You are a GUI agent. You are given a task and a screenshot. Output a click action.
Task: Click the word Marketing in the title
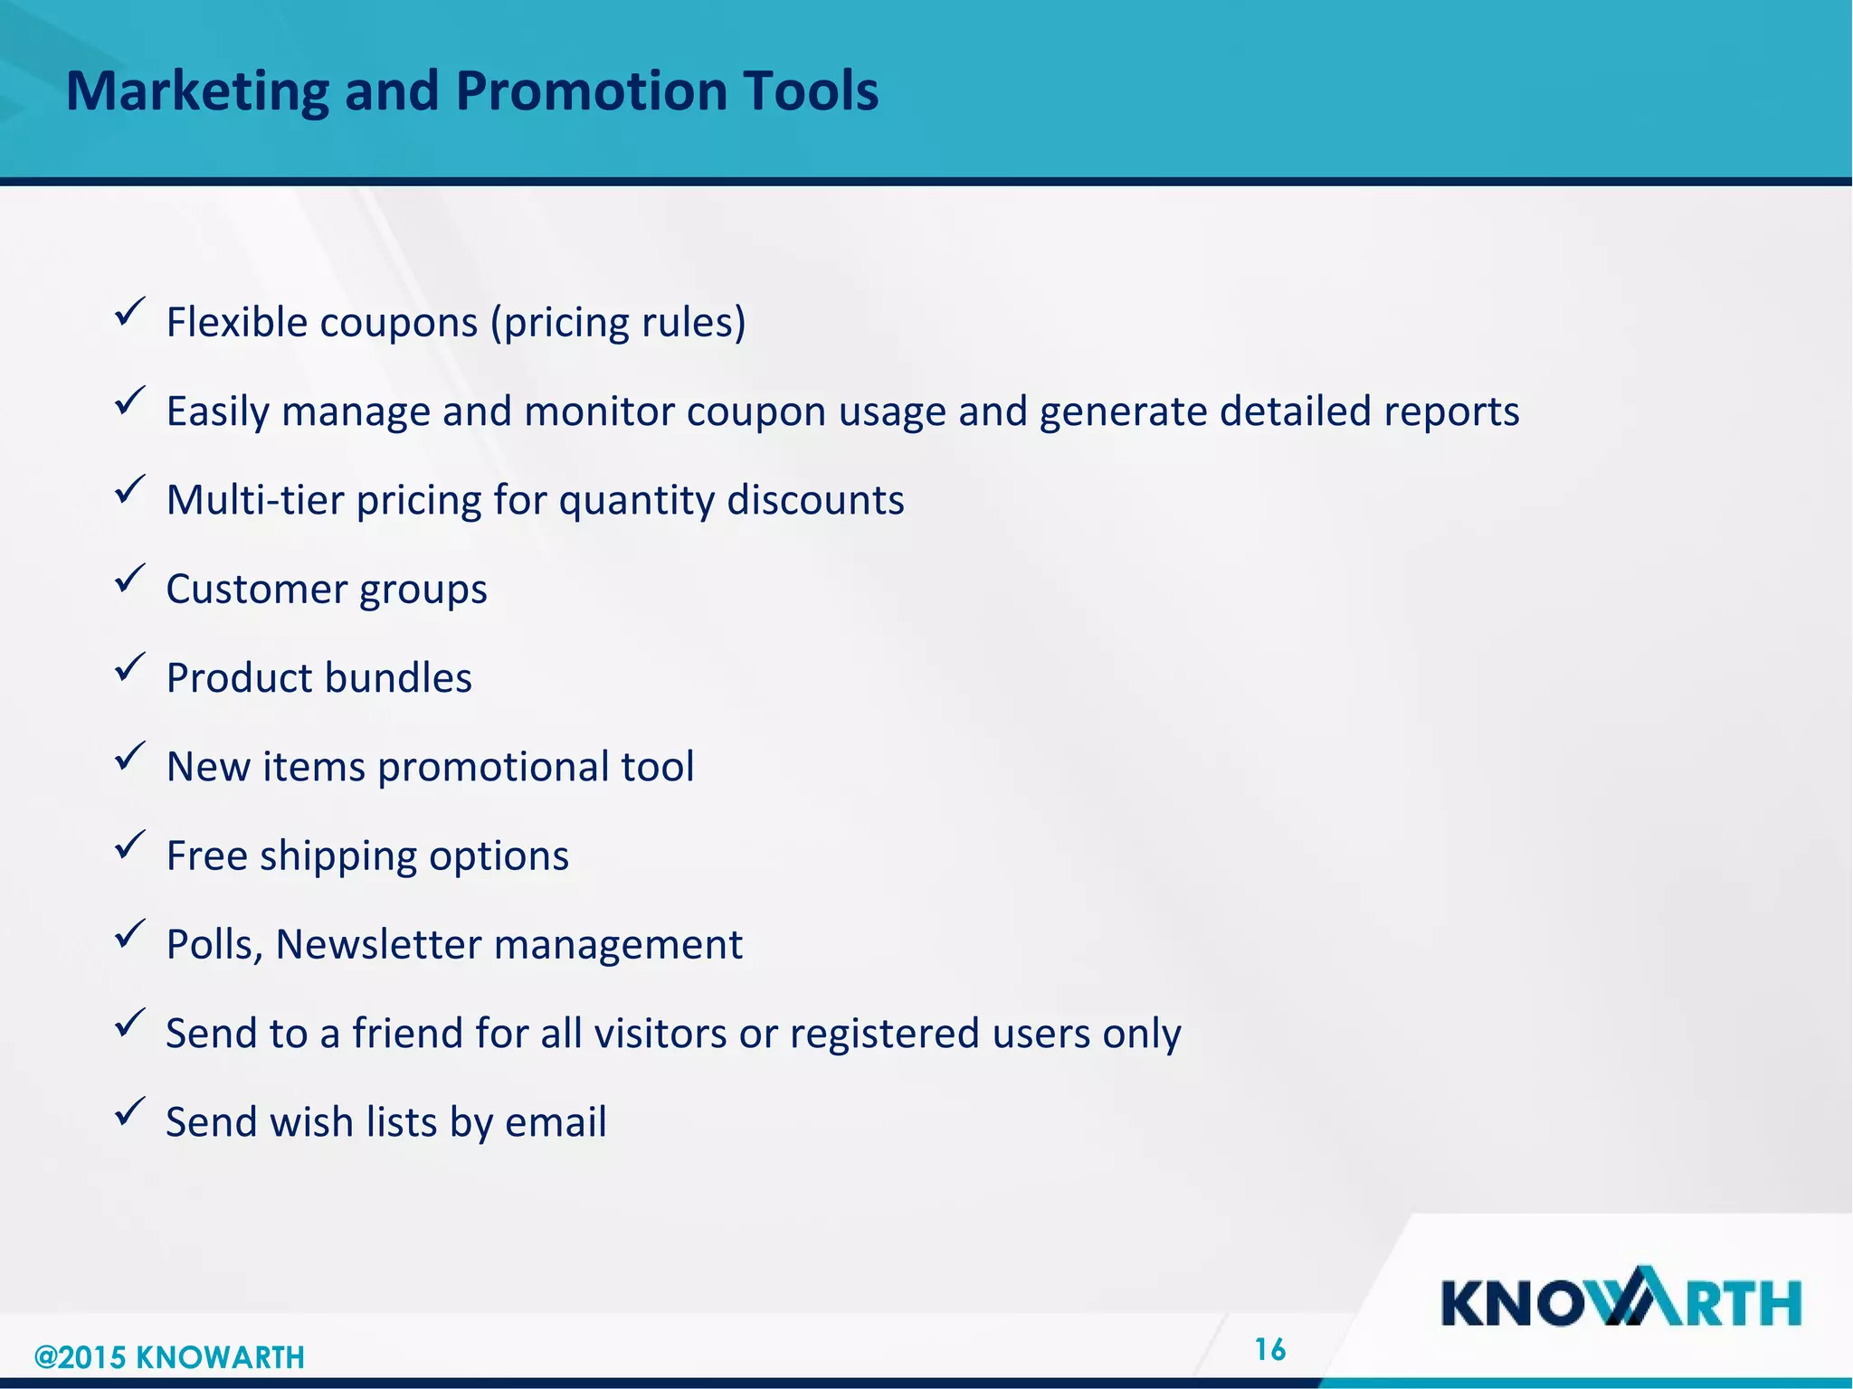click(197, 92)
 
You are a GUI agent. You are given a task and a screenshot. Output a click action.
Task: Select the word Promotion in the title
click(591, 92)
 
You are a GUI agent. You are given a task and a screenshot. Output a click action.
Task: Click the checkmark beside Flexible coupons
click(130, 313)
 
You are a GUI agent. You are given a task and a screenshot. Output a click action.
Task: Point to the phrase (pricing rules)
click(618, 323)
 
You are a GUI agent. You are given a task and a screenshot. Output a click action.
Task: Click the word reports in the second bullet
click(1450, 412)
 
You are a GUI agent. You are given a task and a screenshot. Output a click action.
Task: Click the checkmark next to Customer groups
click(130, 580)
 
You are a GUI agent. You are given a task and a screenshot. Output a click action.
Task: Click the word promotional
click(492, 768)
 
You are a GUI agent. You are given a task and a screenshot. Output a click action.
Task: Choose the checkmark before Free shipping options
click(130, 846)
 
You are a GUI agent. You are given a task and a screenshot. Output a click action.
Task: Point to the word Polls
click(214, 945)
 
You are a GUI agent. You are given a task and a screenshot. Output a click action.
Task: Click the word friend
click(406, 1034)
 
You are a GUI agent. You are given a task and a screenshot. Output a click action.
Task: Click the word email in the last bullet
click(556, 1122)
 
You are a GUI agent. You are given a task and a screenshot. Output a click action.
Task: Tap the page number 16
click(1269, 1350)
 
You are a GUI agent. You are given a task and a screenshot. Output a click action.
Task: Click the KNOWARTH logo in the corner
click(1620, 1299)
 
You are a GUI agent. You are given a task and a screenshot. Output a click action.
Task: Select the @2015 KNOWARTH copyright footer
click(169, 1357)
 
